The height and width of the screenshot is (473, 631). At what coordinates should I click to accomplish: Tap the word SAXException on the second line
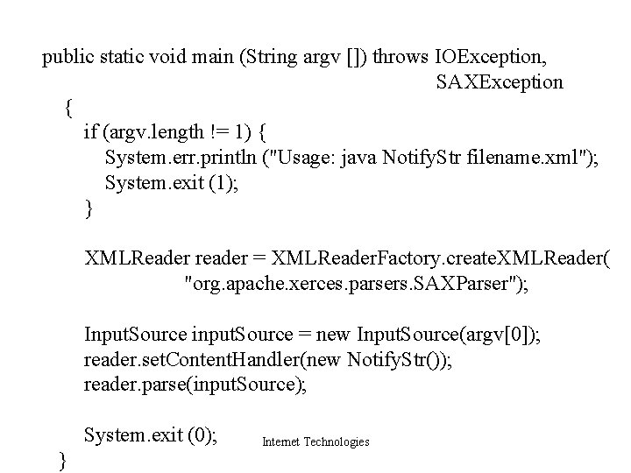coord(500,83)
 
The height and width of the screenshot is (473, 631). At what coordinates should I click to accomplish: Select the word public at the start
coord(68,59)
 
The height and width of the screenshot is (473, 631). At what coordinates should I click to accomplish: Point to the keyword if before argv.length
coord(90,132)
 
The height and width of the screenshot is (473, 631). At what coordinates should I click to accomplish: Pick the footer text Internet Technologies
coord(315,442)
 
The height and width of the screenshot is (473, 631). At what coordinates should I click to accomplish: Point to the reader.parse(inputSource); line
coord(195,384)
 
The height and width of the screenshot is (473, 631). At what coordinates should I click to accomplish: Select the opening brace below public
coord(69,109)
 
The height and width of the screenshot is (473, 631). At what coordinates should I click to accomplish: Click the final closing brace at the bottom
coord(61,460)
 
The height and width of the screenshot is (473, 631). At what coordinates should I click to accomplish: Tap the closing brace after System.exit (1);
coord(88,208)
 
